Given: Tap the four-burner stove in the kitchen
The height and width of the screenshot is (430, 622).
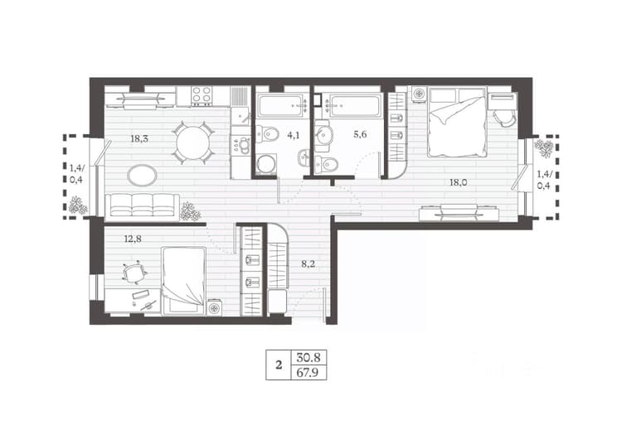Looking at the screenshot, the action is pos(202,95).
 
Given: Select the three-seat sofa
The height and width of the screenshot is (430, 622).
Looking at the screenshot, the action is pos(143,205).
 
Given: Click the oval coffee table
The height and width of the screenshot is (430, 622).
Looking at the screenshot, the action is pos(142,175).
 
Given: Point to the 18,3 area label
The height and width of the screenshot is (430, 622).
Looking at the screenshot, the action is pos(139,138).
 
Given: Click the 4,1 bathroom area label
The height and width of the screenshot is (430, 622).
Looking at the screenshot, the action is pos(294,136).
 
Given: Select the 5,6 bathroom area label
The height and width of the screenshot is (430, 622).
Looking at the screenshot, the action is pos(360,135).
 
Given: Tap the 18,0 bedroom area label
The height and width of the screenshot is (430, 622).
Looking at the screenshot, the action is pos(458,182).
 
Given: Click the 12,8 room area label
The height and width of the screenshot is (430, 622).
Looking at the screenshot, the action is pos(133,239).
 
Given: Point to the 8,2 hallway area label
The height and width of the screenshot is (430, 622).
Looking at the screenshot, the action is pos(308,264).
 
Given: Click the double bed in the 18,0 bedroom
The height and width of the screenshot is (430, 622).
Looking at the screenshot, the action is pos(457,122).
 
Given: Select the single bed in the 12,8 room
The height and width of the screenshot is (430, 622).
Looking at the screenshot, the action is pos(183,281).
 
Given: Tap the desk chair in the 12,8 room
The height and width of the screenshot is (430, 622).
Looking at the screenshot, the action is pos(134,273).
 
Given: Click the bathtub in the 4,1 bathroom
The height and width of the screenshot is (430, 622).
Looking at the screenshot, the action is pos(283,105).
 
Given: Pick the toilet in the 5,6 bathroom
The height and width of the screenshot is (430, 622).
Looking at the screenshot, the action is pos(327,163).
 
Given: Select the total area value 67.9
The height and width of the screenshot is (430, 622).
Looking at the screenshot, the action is pos(308,373).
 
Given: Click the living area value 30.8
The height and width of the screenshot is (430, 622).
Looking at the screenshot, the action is pos(309,358).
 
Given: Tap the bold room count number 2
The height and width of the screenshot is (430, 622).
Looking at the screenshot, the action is pos(279,365).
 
